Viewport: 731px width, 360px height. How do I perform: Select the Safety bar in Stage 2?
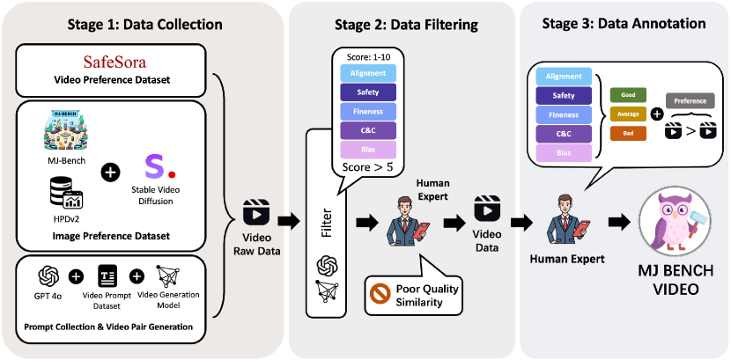[x=368, y=91]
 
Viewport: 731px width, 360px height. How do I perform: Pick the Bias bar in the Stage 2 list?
[x=368, y=149]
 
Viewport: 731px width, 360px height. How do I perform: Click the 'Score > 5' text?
[x=368, y=165]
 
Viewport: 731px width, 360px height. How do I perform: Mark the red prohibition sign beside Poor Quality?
[x=380, y=292]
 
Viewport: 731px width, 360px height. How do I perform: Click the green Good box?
[x=628, y=95]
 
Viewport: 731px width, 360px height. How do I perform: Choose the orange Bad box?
[x=628, y=134]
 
